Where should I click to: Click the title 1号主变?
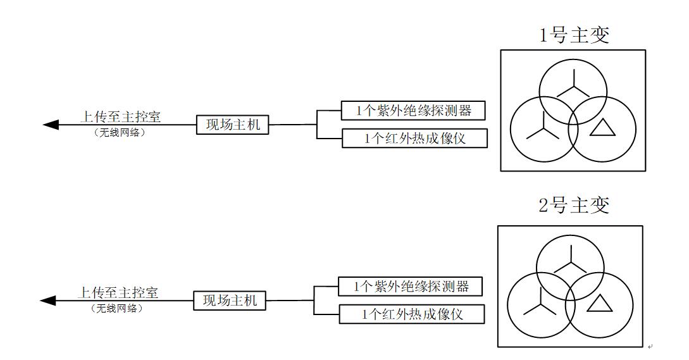point(574,35)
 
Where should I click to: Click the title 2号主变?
point(574,205)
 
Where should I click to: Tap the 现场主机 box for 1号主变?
point(233,125)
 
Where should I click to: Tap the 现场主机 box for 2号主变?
point(230,301)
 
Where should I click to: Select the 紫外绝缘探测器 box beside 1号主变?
point(414,111)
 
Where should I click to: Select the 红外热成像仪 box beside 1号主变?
point(414,139)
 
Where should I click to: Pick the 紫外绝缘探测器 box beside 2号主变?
point(411,287)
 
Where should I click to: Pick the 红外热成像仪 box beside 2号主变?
point(411,314)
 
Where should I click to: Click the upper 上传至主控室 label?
point(120,116)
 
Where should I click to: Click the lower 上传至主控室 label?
point(118,292)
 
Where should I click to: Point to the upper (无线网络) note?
point(119,133)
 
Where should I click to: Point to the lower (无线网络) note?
point(116,309)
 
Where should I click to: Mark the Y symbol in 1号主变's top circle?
point(573,84)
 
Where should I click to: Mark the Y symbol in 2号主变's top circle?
point(571,260)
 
